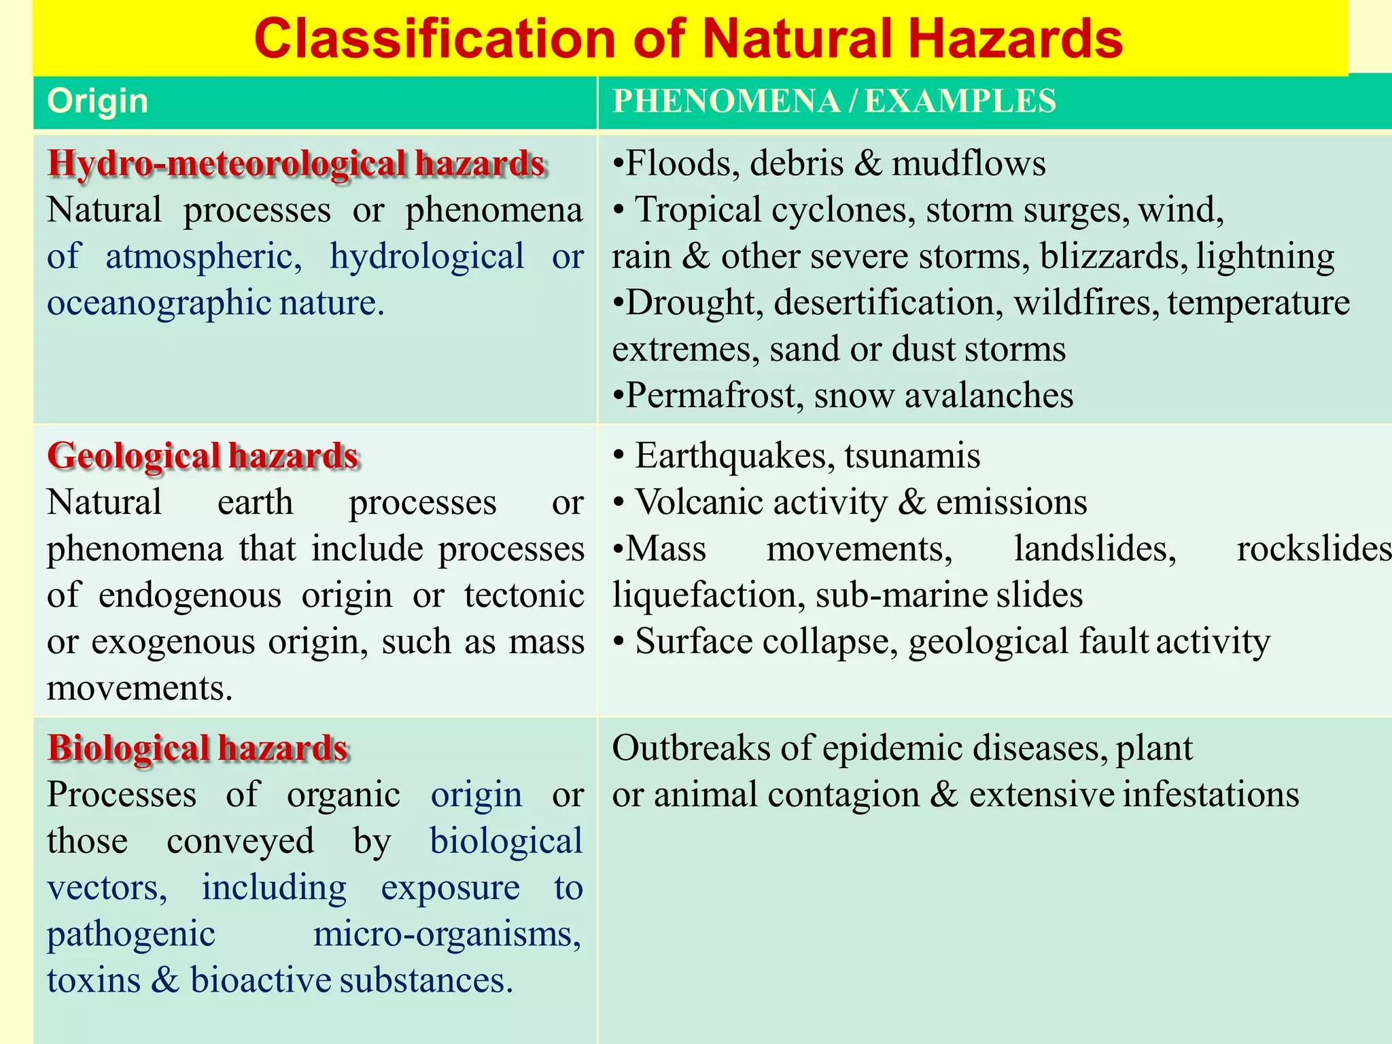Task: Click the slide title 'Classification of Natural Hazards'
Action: (689, 39)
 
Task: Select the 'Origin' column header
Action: (98, 101)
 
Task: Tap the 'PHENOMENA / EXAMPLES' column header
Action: (834, 101)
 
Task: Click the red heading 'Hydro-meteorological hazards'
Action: (296, 164)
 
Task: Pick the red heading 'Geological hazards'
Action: (203, 455)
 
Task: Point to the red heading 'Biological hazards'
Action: (198, 748)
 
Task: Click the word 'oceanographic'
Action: (159, 303)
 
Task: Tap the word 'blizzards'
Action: (1114, 257)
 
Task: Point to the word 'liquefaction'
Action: (704, 595)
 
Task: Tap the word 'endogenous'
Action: (190, 595)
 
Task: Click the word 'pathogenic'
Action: (131, 935)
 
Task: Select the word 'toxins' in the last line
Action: (94, 981)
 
